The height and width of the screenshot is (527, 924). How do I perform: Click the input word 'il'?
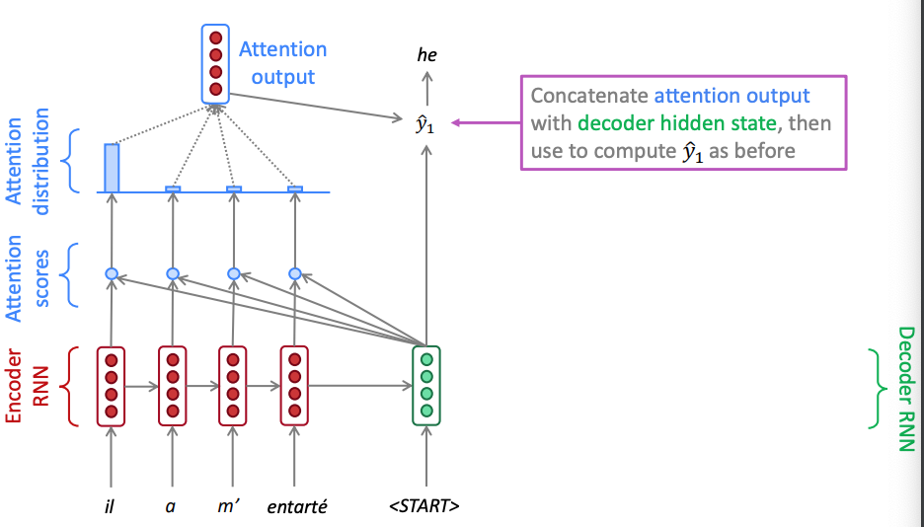click(x=111, y=507)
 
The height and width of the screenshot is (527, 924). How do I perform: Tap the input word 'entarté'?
click(x=297, y=507)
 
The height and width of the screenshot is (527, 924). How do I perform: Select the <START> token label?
click(x=424, y=507)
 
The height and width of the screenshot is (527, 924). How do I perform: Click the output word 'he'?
click(x=426, y=56)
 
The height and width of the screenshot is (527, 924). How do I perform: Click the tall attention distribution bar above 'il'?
click(x=112, y=168)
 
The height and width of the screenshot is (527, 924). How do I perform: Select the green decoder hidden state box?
click(x=425, y=385)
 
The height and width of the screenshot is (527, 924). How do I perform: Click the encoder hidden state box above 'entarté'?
click(x=294, y=386)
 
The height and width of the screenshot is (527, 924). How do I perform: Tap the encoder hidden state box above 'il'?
click(x=112, y=386)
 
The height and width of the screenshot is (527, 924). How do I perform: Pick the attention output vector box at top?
click(x=215, y=64)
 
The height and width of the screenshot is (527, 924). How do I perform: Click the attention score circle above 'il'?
click(x=112, y=273)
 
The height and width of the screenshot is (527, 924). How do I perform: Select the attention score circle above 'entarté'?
click(x=294, y=273)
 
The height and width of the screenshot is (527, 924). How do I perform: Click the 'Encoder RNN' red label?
click(x=27, y=386)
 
